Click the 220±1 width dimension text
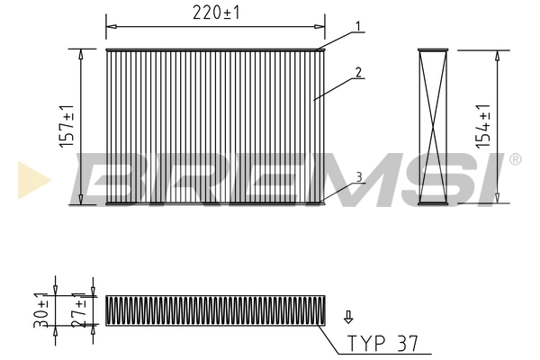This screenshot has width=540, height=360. pyautogui.click(x=215, y=13)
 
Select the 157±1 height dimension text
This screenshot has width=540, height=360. pyautogui.click(x=67, y=126)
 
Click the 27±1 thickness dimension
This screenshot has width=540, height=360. pyautogui.click(x=81, y=310)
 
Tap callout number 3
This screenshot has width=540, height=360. pyautogui.click(x=359, y=177)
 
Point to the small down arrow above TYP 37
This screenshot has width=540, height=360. pyautogui.click(x=348, y=317)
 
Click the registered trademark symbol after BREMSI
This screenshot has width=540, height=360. pyautogui.click(x=514, y=160)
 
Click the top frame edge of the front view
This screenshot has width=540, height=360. pyautogui.click(x=214, y=50)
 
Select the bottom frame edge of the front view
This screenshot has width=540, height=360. pyautogui.click(x=214, y=202)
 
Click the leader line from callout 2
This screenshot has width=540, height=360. pyautogui.click(x=335, y=87)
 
